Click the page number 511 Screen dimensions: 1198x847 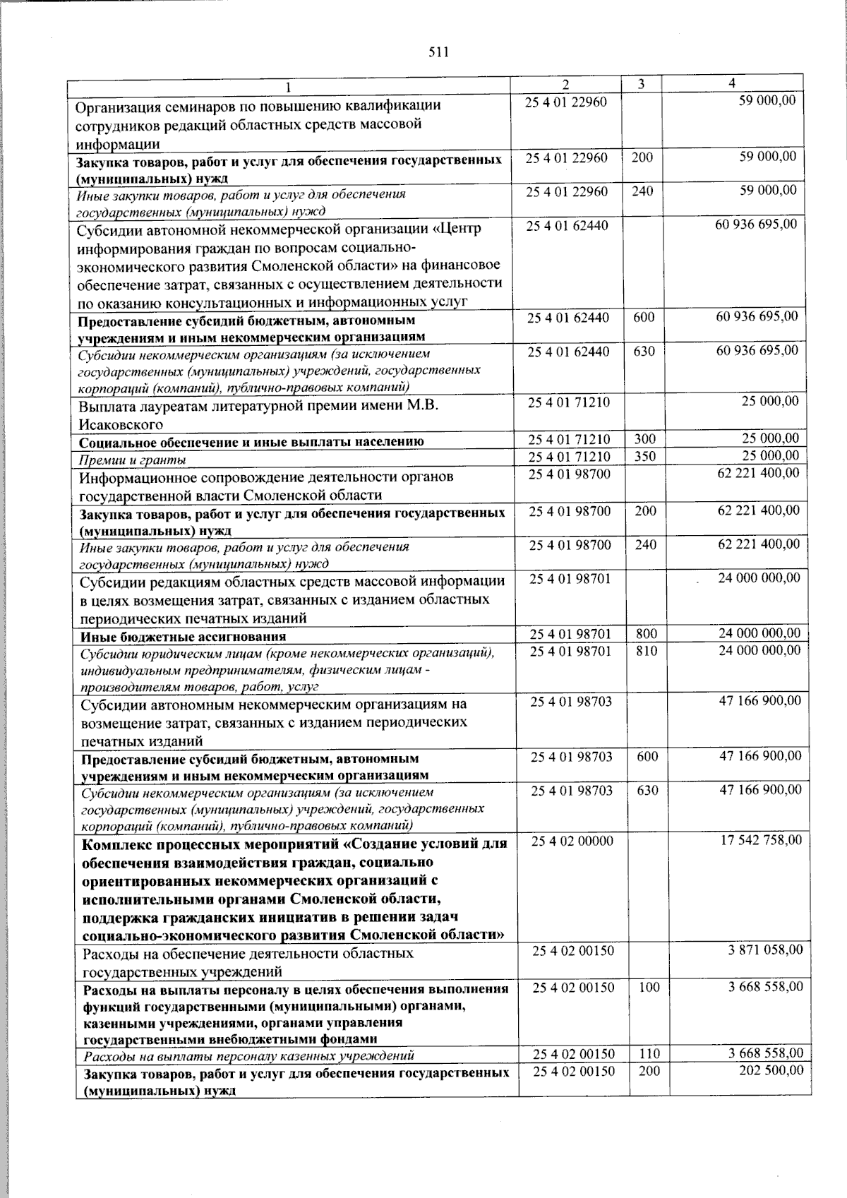[x=438, y=52]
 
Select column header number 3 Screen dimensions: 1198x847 [x=641, y=84]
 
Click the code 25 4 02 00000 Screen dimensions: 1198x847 [x=572, y=841]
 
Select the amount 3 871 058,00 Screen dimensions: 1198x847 [x=765, y=950]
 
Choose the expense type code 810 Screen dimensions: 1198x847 [x=646, y=650]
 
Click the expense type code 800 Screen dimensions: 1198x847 [x=646, y=633]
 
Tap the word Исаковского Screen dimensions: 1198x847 [x=121, y=424]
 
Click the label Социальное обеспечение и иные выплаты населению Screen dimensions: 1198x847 [x=251, y=443]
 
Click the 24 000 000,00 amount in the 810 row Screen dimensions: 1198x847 [x=759, y=650]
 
